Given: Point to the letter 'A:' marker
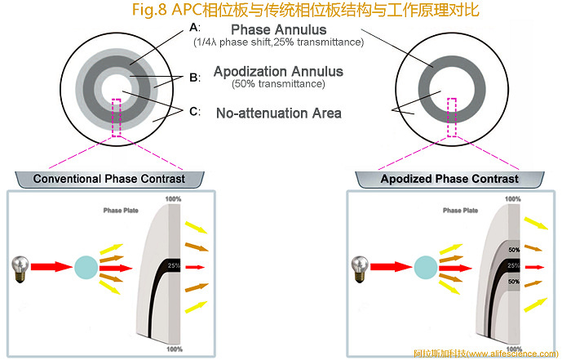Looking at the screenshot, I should click(194, 26).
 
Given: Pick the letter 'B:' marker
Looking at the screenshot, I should click(194, 78).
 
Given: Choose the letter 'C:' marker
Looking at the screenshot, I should click(194, 111).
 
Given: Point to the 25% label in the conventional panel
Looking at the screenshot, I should click(173, 265).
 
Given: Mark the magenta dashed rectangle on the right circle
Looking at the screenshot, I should click(451, 117).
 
